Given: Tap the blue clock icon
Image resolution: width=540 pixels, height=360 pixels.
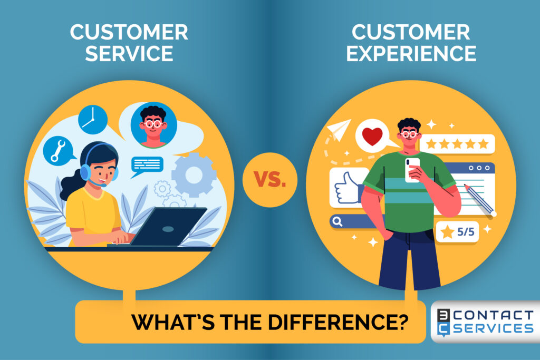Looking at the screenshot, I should click(92, 119).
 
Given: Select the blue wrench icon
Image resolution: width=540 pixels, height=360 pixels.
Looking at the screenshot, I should click(57, 150).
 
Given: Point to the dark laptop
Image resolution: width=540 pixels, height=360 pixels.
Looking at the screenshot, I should click(168, 227).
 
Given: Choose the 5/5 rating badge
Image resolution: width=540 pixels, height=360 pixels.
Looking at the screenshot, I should click(457, 232).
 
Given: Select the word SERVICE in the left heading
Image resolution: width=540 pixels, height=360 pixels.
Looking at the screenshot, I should click(129, 53).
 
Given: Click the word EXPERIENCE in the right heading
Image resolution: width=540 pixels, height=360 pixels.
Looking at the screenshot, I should click(411, 53).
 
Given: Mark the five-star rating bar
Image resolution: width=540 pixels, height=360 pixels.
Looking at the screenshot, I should click(457, 143).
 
